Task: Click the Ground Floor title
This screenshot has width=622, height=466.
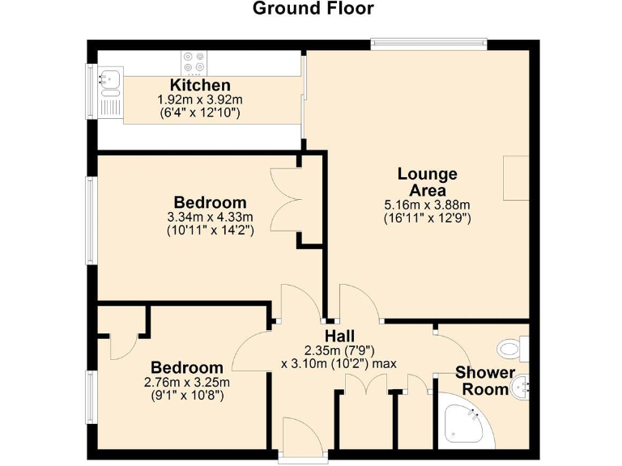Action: [x=313, y=9]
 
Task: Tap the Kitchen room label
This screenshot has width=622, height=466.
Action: [x=200, y=85]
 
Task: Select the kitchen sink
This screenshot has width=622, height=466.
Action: [x=109, y=78]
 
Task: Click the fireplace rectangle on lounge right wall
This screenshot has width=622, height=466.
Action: [x=515, y=178]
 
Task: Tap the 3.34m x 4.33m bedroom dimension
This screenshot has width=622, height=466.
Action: [x=210, y=217]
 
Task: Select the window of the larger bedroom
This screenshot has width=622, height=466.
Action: [x=92, y=219]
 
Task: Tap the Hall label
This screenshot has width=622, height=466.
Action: [x=339, y=336]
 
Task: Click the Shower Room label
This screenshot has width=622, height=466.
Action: [x=484, y=381]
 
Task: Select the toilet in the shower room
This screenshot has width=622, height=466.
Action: [x=512, y=349]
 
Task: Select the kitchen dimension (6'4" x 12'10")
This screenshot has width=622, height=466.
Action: [x=200, y=113]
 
